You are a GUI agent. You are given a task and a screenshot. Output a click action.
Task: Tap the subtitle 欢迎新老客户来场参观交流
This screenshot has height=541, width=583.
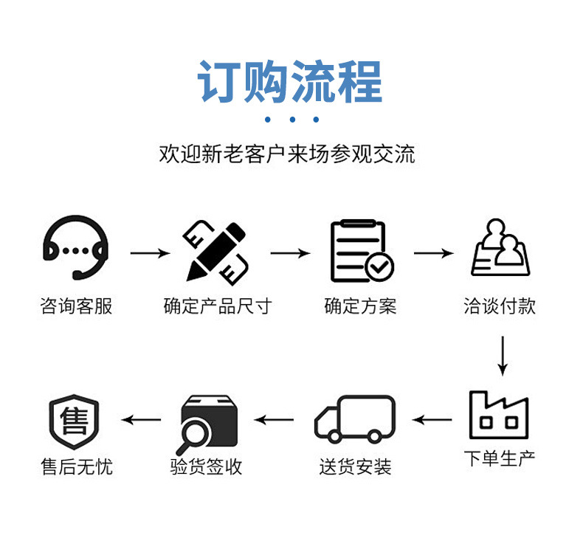(x=287, y=154)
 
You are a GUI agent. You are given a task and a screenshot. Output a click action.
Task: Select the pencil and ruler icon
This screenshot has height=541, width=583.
(x=215, y=249)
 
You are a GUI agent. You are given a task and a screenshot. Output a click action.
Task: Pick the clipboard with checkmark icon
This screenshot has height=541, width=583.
(x=361, y=251)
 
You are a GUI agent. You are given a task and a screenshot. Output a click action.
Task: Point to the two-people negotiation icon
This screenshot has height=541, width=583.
(x=501, y=248)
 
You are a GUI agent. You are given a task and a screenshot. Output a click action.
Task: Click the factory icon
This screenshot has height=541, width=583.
(x=499, y=415)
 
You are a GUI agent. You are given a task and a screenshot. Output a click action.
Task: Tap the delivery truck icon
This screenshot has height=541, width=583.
(x=355, y=418)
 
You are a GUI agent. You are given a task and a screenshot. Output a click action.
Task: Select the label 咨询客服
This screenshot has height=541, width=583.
(x=77, y=306)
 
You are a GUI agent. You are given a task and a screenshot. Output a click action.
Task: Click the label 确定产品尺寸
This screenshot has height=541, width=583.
(x=218, y=306)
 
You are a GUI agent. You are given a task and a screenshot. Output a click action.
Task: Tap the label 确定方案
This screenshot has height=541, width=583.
(x=361, y=306)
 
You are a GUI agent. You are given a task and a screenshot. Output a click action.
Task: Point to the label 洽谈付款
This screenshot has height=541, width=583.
(x=500, y=306)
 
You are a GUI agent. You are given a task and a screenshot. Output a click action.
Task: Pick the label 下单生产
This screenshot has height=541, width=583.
(x=500, y=458)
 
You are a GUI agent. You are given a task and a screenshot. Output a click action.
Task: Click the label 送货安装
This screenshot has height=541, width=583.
(x=355, y=466)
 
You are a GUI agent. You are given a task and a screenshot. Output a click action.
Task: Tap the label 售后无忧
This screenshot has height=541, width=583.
(x=77, y=466)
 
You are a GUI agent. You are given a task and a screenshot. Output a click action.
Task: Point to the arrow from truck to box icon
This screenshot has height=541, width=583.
(x=275, y=421)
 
